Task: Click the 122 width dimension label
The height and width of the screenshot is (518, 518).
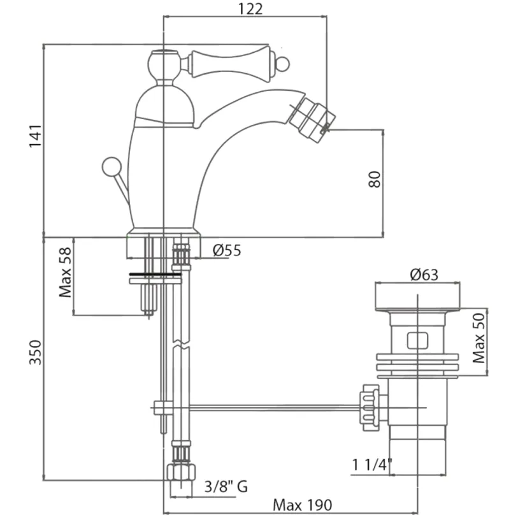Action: click(x=250, y=9)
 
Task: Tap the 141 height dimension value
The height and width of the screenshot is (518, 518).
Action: click(x=36, y=136)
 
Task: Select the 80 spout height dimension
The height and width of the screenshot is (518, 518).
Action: click(x=374, y=180)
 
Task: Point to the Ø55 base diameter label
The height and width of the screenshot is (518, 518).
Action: click(x=227, y=250)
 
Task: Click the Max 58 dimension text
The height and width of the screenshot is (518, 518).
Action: click(x=66, y=272)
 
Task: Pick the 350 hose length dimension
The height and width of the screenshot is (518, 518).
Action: click(x=36, y=352)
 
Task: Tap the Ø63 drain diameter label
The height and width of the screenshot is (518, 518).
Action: click(x=424, y=275)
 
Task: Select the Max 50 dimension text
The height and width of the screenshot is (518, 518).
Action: click(x=478, y=338)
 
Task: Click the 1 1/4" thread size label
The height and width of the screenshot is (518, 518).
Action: click(x=372, y=465)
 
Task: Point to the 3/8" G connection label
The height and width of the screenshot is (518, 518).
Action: click(x=226, y=486)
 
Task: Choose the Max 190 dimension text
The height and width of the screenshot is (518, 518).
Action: click(x=302, y=505)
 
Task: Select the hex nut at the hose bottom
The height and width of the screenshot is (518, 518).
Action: click(x=181, y=471)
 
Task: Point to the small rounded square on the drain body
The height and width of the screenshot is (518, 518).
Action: click(x=417, y=341)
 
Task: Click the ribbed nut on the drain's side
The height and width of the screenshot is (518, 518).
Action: click(x=371, y=407)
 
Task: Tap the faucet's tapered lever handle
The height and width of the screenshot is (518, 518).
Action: click(x=231, y=64)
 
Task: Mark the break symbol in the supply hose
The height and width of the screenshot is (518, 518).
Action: click(x=182, y=343)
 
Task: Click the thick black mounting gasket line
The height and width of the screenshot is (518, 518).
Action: click(x=155, y=274)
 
